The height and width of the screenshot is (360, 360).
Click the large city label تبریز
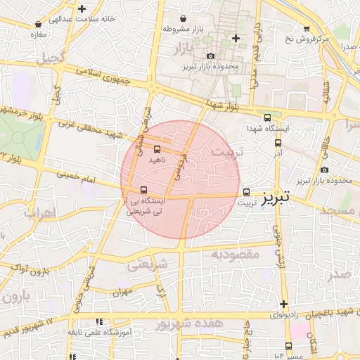[x=275, y=199]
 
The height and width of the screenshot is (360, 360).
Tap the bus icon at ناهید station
[x=156, y=149]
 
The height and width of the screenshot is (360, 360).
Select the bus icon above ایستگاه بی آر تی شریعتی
[x=144, y=189]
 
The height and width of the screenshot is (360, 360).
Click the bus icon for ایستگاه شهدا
[x=266, y=118]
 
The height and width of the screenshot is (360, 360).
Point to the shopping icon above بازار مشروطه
[x=184, y=18]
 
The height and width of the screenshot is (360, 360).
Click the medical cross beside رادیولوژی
[x=283, y=304]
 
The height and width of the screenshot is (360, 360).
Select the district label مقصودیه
[x=235, y=254]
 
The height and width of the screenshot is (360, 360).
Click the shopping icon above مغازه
[x=37, y=23]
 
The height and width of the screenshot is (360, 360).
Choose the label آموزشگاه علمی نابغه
[x=96, y=332]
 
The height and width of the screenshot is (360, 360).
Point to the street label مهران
[x=122, y=290]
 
